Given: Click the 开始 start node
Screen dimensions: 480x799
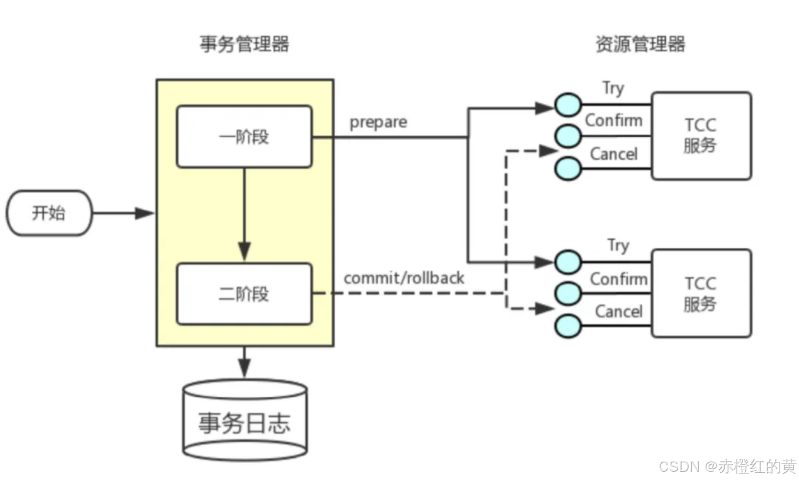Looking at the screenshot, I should tap(49, 213).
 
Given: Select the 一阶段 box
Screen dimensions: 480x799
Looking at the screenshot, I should tap(244, 137).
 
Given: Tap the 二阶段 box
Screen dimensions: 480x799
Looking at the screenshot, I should tap(244, 294).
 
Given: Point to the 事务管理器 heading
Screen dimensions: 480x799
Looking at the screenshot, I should tap(245, 44).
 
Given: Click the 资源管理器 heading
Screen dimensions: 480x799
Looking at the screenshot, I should tap(640, 44).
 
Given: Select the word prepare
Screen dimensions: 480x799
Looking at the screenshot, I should tap(378, 123).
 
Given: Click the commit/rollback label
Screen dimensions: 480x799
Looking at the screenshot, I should tap(404, 277).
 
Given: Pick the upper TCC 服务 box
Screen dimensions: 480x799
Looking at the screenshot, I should tap(701, 135).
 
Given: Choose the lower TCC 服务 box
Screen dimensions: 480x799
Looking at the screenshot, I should tap(701, 293).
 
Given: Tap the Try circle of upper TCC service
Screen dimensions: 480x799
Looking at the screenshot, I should tap(568, 105).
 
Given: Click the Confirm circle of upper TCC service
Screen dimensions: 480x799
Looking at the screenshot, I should tap(568, 137).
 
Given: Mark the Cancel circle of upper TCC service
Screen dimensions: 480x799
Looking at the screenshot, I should tap(568, 169).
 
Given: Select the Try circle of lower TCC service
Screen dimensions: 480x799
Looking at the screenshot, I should tap(568, 261).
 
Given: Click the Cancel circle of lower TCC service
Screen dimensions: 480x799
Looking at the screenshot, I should tap(568, 326).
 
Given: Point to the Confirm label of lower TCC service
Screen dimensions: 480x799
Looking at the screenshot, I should tap(618, 279).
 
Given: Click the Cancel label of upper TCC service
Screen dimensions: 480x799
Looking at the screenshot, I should tap(613, 154).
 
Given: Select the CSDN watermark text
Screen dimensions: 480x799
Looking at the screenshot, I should tap(727, 466).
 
